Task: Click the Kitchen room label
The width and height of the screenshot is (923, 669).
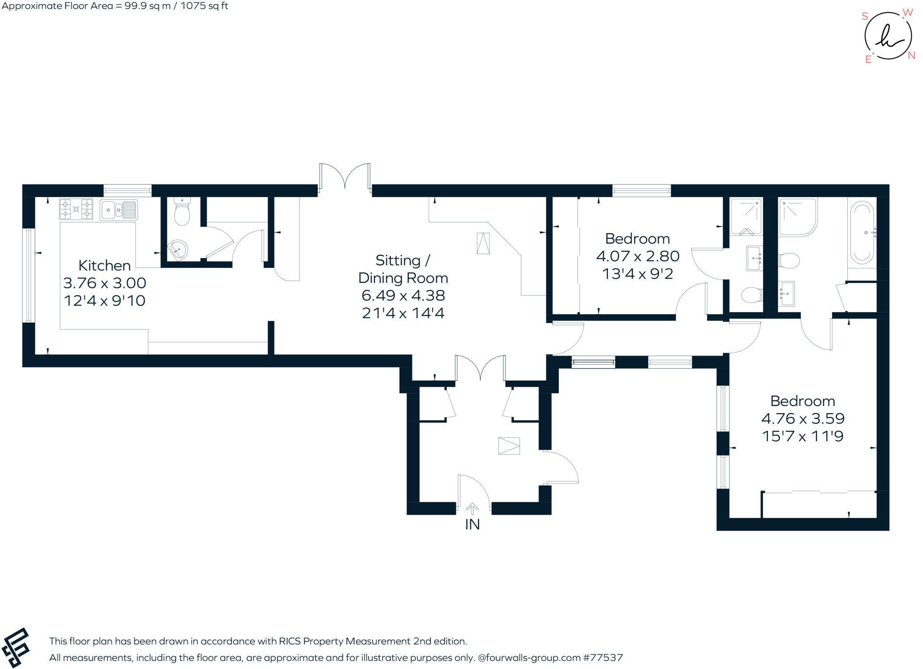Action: click(x=105, y=265)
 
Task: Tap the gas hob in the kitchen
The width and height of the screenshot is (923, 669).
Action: click(x=76, y=209)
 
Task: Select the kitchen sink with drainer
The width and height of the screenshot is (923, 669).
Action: click(x=119, y=210)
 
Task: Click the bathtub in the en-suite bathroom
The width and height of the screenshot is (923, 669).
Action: click(x=862, y=233)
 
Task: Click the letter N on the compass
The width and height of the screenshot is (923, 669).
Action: click(x=911, y=55)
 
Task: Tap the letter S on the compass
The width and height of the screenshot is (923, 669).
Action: click(x=864, y=16)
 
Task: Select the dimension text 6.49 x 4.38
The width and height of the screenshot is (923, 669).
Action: click(x=403, y=295)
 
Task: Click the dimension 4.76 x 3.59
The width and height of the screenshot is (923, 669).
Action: click(x=803, y=419)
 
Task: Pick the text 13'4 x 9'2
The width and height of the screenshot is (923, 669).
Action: click(x=637, y=274)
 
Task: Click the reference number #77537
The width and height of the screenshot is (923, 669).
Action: click(x=603, y=658)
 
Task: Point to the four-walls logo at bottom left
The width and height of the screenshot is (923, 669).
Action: click(x=16, y=647)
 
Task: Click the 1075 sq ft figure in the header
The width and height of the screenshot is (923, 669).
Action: click(x=204, y=6)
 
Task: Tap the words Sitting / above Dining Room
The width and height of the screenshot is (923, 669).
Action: click(x=402, y=260)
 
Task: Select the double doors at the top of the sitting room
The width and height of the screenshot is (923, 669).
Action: click(x=345, y=177)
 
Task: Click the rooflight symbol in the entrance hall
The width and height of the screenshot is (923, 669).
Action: click(x=509, y=446)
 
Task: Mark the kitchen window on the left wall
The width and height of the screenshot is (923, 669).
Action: click(x=28, y=276)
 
